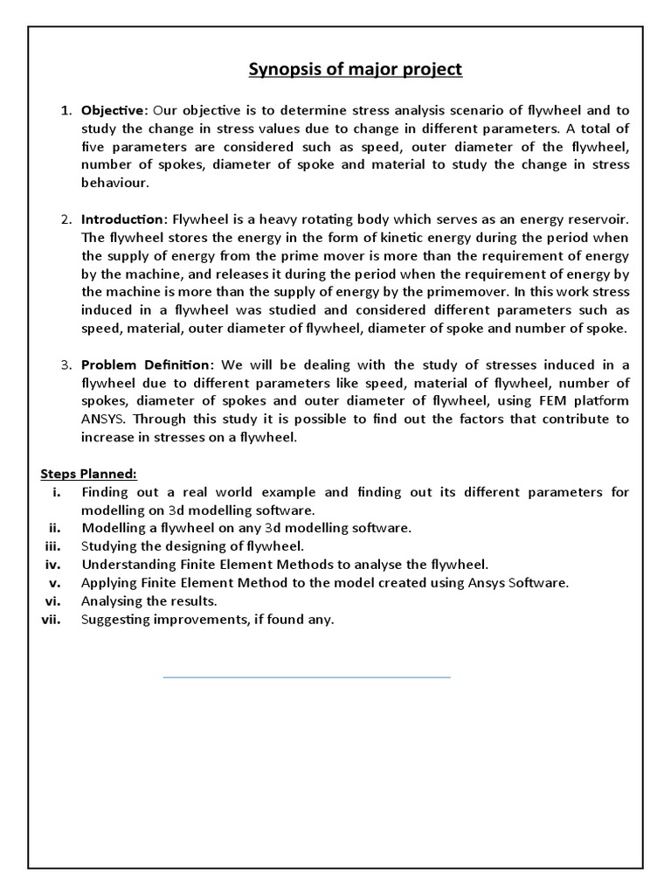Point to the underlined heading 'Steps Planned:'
(x=88, y=473)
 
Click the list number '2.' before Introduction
(x=66, y=218)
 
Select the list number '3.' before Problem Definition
(x=66, y=364)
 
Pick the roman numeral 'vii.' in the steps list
(x=55, y=620)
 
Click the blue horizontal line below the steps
(x=307, y=676)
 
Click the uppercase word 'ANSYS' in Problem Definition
(x=105, y=420)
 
